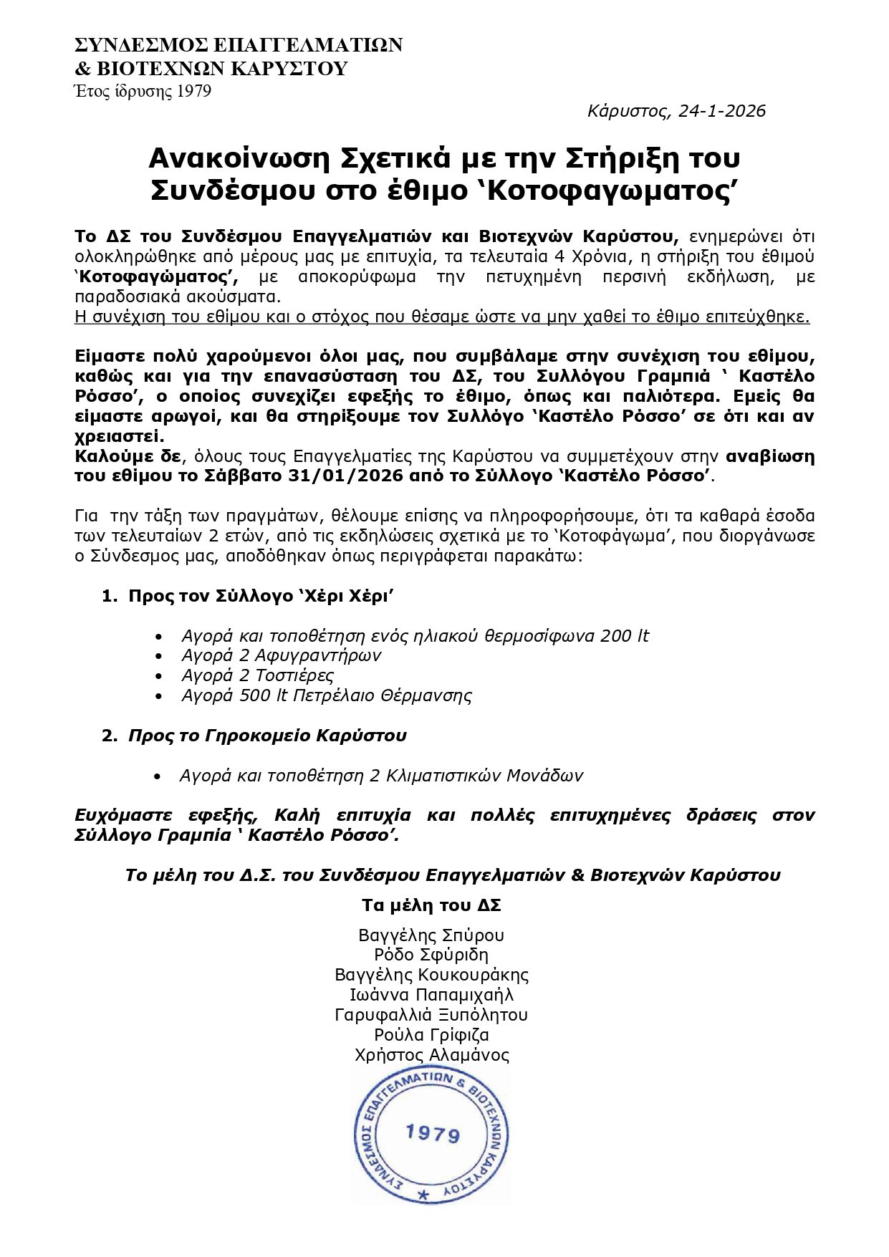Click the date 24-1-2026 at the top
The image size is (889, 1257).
tap(722, 111)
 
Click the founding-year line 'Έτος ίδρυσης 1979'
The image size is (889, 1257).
tap(143, 92)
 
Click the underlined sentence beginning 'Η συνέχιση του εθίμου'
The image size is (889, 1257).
tap(442, 317)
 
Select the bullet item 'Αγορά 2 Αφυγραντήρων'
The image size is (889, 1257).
tap(282, 655)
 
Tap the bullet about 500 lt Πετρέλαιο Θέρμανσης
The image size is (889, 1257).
tap(327, 695)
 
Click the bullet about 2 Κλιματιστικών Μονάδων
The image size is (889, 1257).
tap(381, 776)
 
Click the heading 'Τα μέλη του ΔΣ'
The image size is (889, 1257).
tap(431, 905)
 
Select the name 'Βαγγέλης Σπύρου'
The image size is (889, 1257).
tap(431, 935)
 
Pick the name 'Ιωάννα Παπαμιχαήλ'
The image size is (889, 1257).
tap(431, 995)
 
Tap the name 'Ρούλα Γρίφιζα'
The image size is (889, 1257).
tap(431, 1035)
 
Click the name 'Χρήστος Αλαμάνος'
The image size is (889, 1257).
tap(431, 1055)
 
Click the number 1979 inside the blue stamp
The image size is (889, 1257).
tap(433, 1134)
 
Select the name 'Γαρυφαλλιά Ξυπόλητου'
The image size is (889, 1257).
tap(431, 1015)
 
